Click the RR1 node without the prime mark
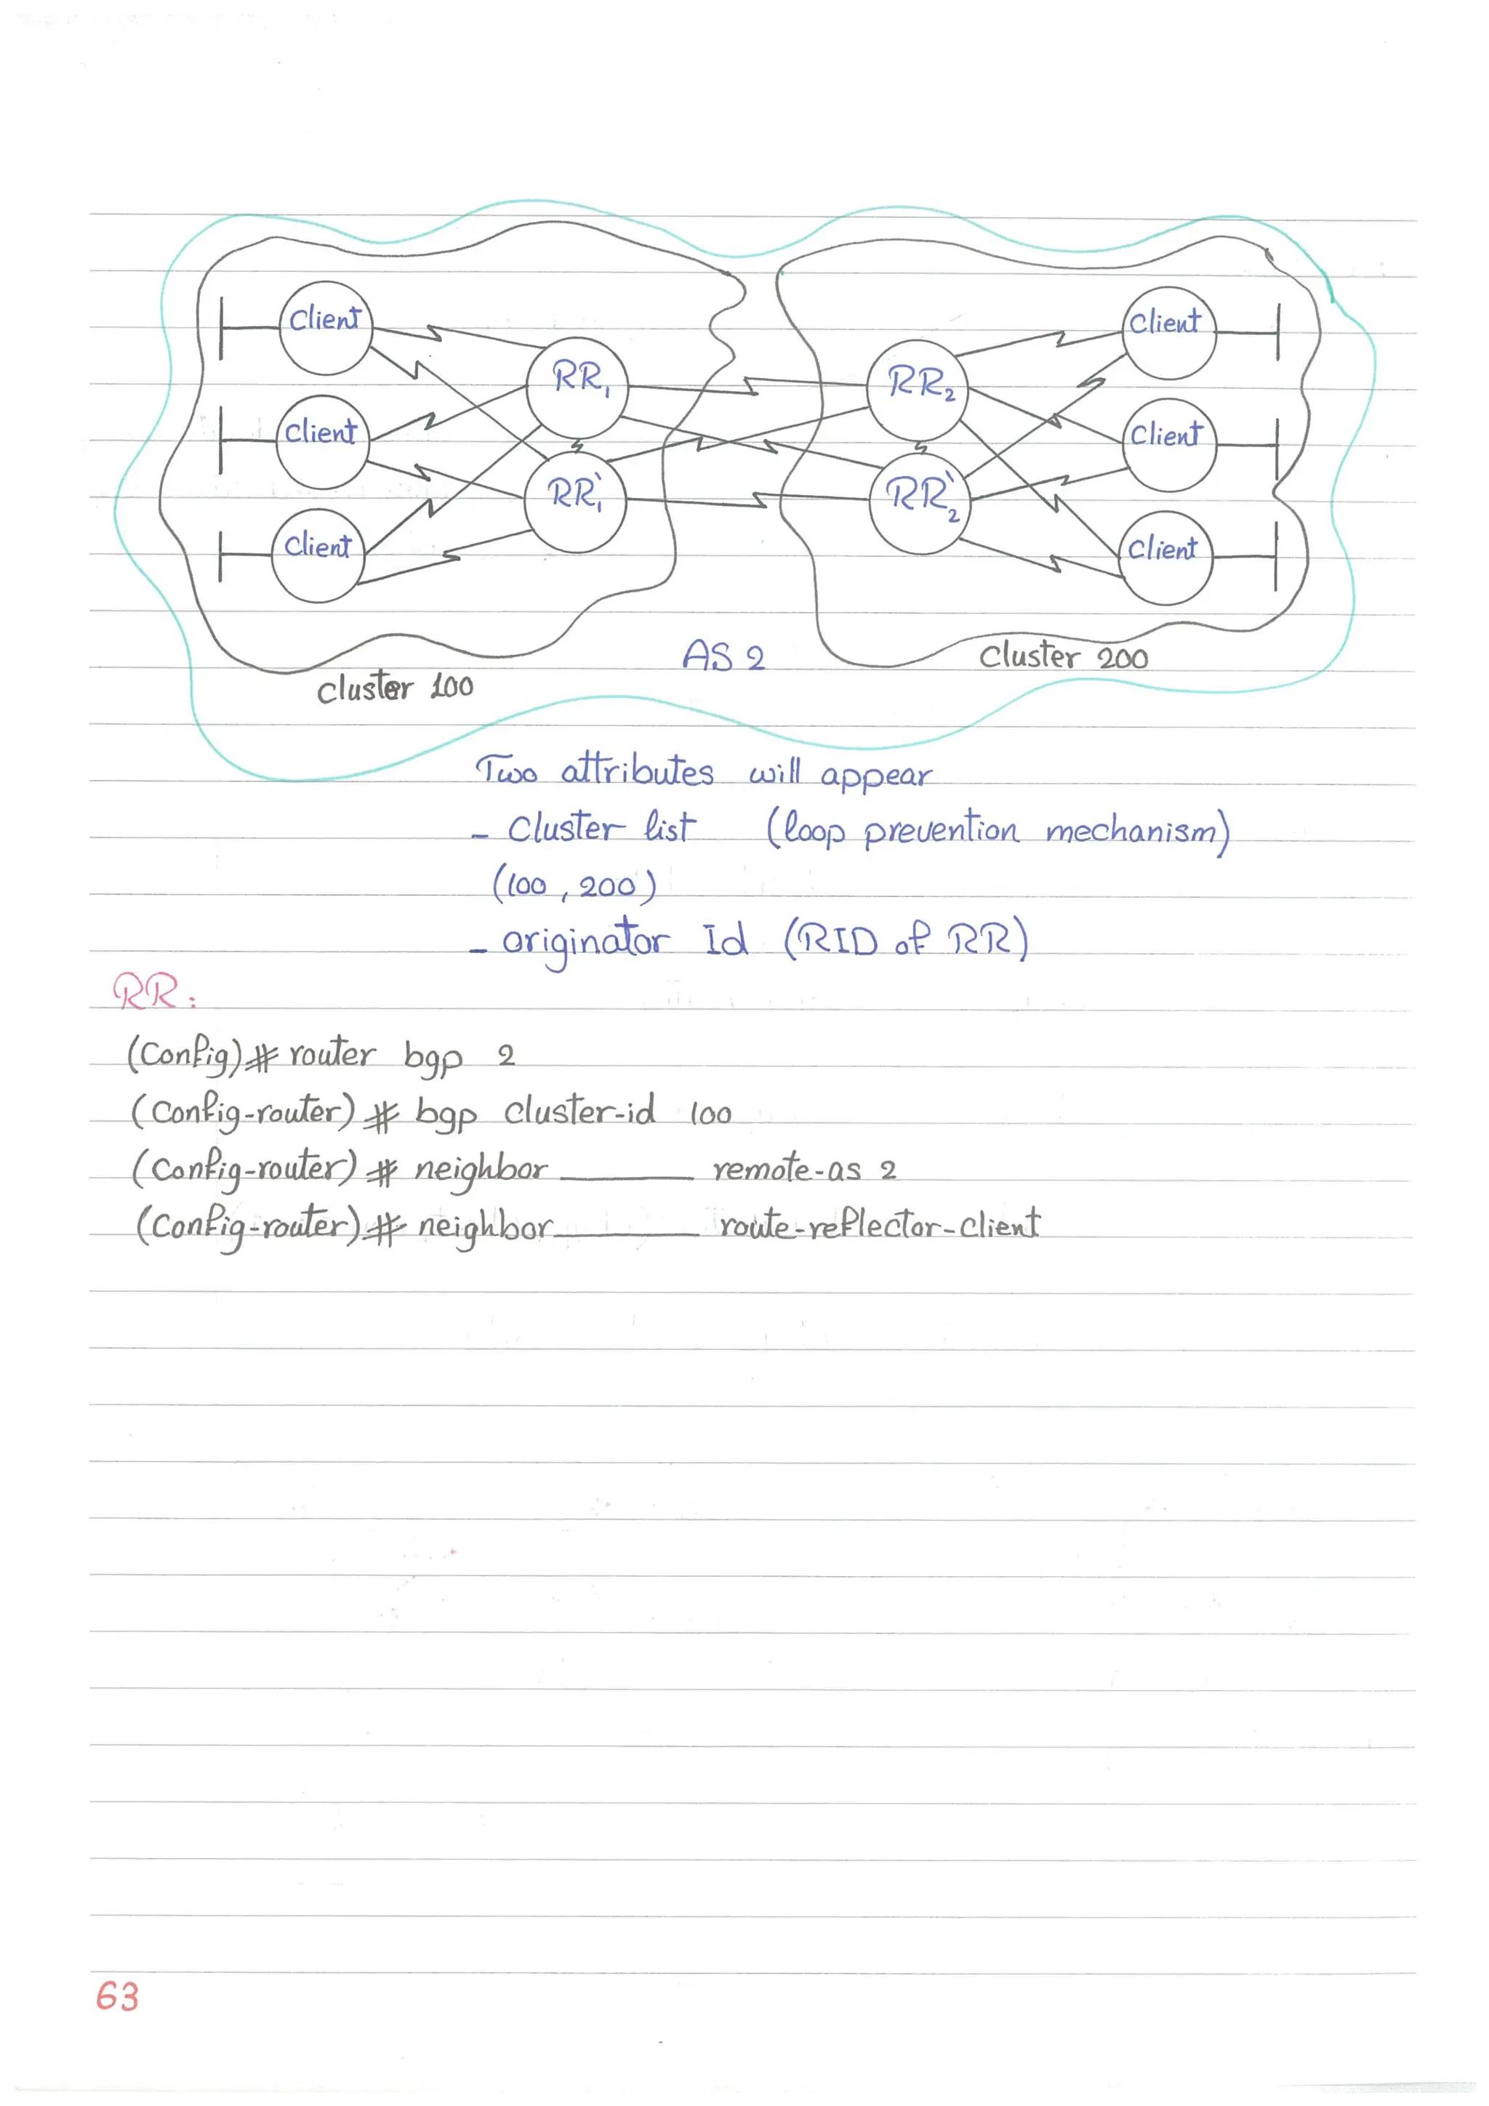tap(577, 387)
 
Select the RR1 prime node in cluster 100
tap(575, 502)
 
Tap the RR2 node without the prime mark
tap(918, 390)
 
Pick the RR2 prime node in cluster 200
tap(919, 504)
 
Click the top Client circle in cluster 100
tap(326, 327)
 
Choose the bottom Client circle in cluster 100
tap(318, 555)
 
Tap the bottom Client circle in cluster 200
tap(1165, 558)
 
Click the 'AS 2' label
tap(723, 656)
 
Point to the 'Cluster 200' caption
tap(1062, 656)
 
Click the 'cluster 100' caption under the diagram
tap(395, 688)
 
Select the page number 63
tap(118, 1997)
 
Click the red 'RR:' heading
tap(152, 992)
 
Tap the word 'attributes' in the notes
tap(637, 771)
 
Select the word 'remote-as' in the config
tap(786, 1170)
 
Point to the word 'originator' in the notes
tap(585, 942)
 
